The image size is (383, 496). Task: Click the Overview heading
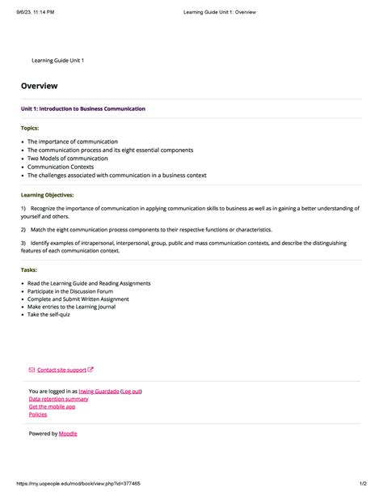[40, 86]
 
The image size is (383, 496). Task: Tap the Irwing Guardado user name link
[99, 391]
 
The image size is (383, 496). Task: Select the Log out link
[131, 391]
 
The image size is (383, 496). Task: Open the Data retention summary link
[58, 399]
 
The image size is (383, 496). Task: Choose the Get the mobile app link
[52, 406]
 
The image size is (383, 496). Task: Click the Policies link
[38, 414]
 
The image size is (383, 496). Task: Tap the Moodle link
[68, 434]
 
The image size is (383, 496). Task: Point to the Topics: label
[30, 128]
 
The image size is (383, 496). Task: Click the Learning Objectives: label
[47, 195]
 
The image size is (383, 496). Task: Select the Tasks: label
[29, 269]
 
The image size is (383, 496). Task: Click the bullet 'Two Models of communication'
[68, 159]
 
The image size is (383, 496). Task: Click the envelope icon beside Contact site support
[32, 370]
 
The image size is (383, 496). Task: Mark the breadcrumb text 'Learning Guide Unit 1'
[57, 61]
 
